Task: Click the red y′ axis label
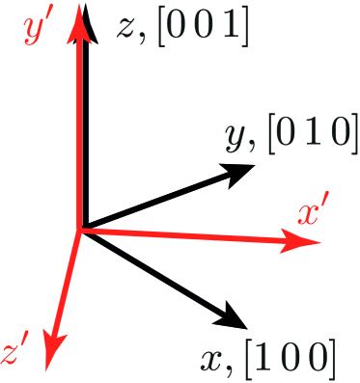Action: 40,31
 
